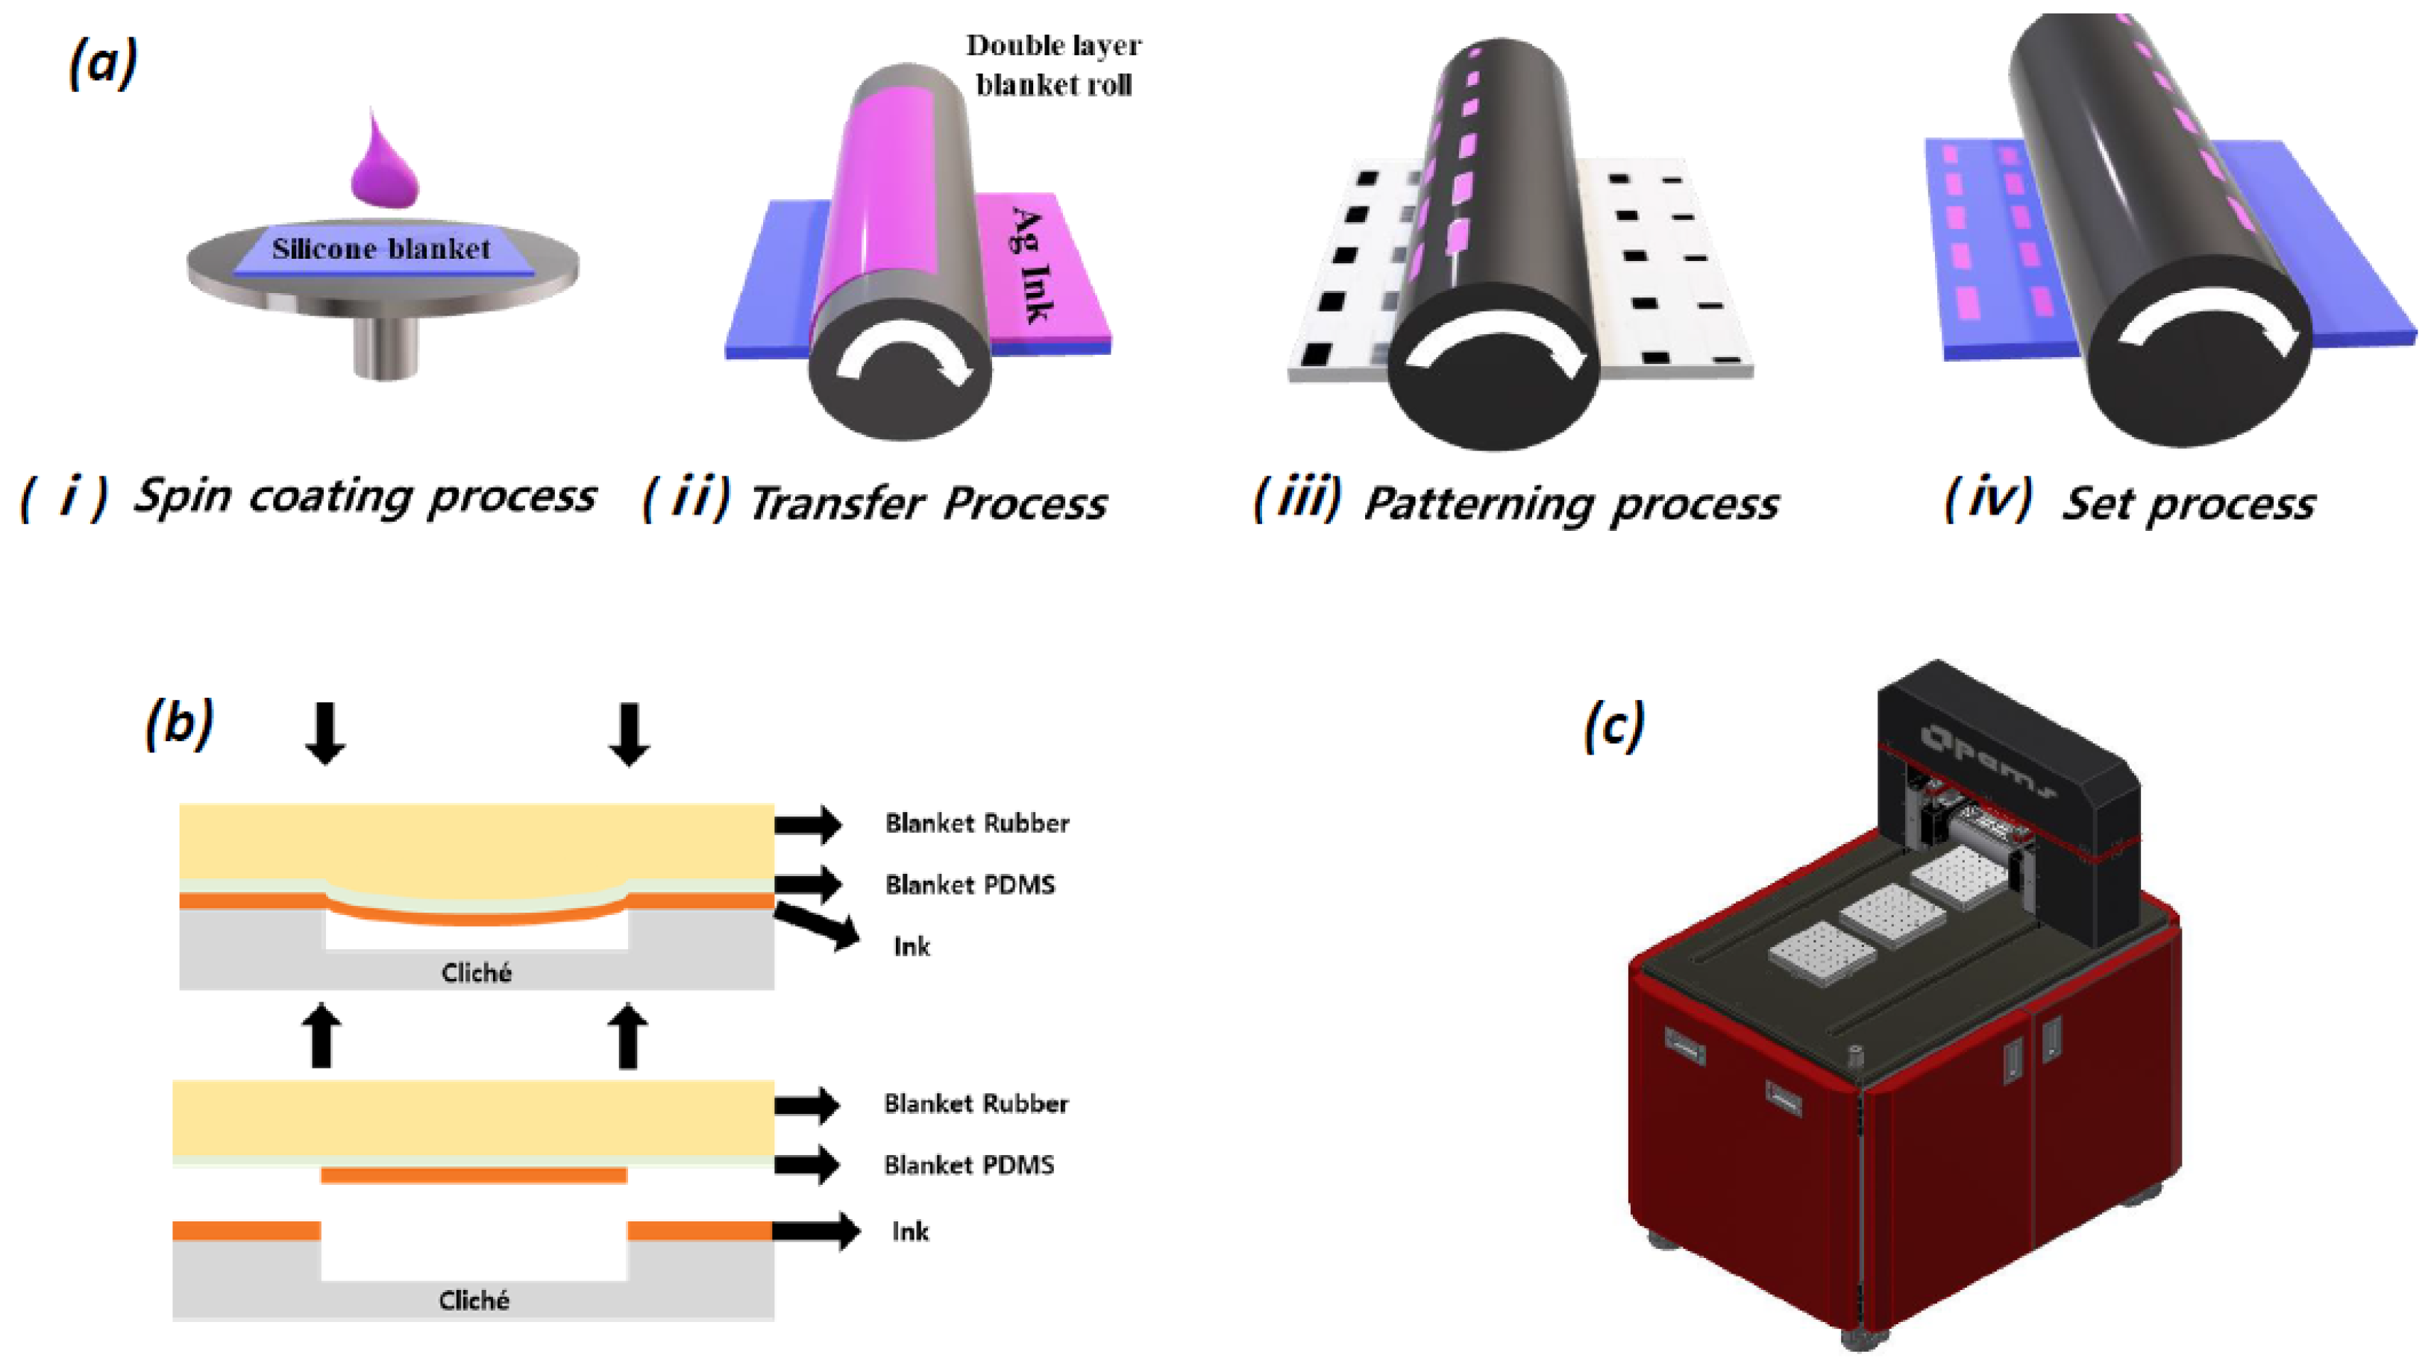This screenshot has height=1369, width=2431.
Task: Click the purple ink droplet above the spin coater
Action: point(384,168)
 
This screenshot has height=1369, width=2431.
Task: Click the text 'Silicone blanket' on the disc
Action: point(381,249)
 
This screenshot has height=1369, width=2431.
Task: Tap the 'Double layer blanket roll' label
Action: point(1053,65)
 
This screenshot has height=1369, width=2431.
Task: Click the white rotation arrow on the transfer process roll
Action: point(906,354)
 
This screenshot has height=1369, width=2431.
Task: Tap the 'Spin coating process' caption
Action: point(364,497)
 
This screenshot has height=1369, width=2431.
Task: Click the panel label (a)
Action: point(103,64)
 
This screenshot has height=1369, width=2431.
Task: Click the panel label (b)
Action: point(178,724)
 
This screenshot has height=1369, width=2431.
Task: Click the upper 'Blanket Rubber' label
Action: point(976,824)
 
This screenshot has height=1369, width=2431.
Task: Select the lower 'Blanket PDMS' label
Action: point(968,1165)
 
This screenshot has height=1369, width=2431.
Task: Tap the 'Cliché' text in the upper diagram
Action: point(476,973)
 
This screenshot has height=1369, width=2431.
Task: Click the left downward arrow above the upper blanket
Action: point(324,733)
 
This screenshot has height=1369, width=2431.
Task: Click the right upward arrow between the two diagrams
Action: point(627,1036)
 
